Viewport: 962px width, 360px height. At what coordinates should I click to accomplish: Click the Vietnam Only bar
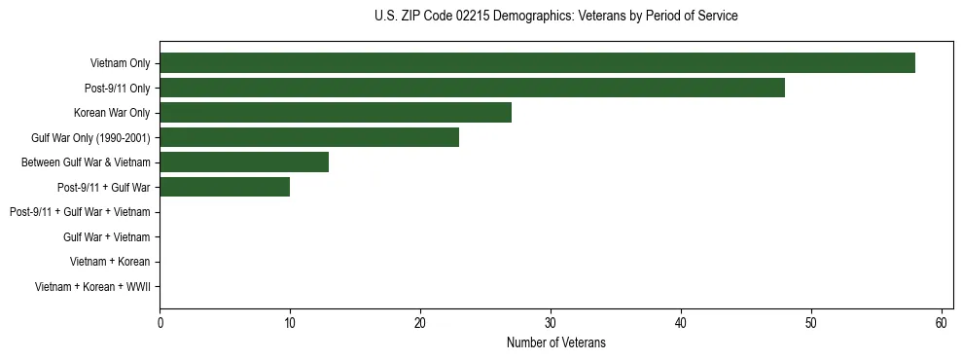click(x=537, y=63)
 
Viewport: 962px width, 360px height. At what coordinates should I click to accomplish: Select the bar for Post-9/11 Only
click(x=472, y=88)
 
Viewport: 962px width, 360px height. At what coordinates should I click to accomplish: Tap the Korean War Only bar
click(x=336, y=113)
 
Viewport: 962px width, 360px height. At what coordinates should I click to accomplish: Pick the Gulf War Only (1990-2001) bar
click(x=309, y=137)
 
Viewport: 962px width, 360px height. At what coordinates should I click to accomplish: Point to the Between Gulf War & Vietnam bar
click(x=244, y=162)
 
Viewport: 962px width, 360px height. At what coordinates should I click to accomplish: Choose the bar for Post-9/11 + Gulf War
click(x=225, y=187)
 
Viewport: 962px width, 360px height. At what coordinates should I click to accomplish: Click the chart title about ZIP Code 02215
click(x=555, y=17)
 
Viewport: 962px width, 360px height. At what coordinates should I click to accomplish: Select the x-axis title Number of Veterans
click(x=555, y=342)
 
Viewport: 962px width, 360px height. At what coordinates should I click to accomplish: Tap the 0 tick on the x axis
click(x=160, y=323)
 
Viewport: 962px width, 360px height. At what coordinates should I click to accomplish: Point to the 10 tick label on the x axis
click(x=290, y=323)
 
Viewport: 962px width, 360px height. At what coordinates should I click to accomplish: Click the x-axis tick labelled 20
click(x=420, y=323)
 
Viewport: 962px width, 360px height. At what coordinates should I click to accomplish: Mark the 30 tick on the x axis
click(x=551, y=323)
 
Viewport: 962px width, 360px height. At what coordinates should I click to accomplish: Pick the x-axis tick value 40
click(x=681, y=323)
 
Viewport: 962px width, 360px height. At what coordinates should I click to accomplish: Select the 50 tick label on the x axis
click(x=811, y=323)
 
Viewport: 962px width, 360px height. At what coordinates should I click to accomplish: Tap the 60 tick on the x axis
click(x=942, y=323)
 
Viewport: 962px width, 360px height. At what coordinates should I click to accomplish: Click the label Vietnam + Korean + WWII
click(x=92, y=286)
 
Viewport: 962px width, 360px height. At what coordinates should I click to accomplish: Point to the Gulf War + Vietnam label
click(x=106, y=236)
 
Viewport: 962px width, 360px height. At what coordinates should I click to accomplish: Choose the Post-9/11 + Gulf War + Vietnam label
click(x=80, y=212)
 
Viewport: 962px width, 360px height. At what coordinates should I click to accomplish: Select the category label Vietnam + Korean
click(x=110, y=262)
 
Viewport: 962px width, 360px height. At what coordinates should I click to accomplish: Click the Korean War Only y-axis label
click(x=112, y=113)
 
